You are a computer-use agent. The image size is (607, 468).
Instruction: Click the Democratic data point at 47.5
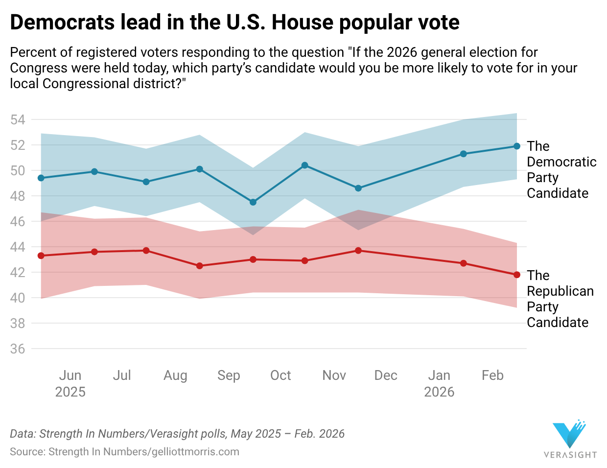[x=253, y=202]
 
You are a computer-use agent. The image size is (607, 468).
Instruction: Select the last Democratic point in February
[x=517, y=146]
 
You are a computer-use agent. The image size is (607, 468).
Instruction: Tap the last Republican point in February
[x=517, y=275]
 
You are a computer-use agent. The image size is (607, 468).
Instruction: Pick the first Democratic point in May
[x=41, y=178]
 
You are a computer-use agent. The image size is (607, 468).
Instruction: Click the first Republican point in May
[x=41, y=256]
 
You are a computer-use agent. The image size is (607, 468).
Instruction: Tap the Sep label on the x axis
[x=229, y=375]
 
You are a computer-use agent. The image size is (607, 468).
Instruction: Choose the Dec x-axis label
[x=386, y=375]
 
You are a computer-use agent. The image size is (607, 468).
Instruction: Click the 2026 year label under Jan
[x=439, y=392]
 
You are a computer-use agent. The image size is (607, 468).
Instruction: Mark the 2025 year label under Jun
[x=70, y=392]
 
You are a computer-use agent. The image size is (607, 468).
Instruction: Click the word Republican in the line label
[x=560, y=291]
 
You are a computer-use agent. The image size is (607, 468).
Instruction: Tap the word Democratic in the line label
[x=561, y=162]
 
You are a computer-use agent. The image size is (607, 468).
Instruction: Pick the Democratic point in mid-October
[x=304, y=165]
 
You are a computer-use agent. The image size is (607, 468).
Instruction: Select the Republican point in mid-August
[x=199, y=266]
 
